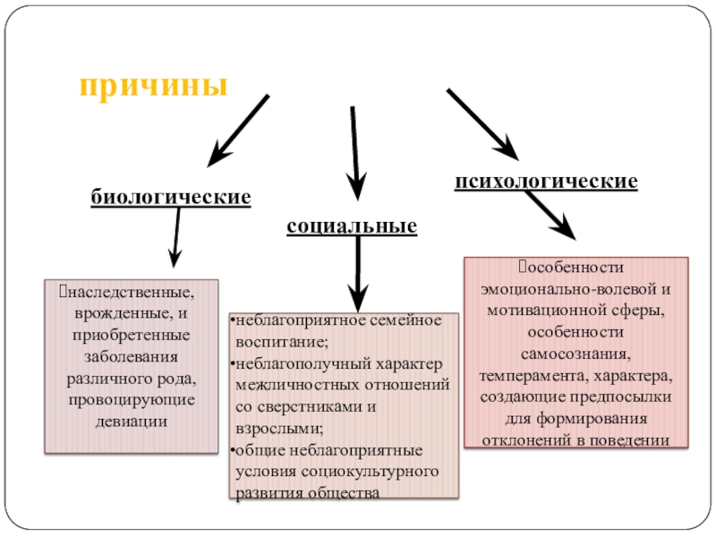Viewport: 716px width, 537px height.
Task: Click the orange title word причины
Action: (153, 86)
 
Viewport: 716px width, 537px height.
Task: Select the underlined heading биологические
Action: (169, 196)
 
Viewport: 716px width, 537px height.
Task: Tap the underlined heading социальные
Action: (352, 226)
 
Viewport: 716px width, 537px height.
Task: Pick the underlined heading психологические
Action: (546, 182)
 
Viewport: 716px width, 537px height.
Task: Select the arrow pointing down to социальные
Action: (355, 152)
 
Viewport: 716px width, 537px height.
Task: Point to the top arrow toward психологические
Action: (482, 124)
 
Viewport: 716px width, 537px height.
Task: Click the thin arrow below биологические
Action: (176, 237)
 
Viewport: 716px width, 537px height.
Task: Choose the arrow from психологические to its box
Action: (550, 213)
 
